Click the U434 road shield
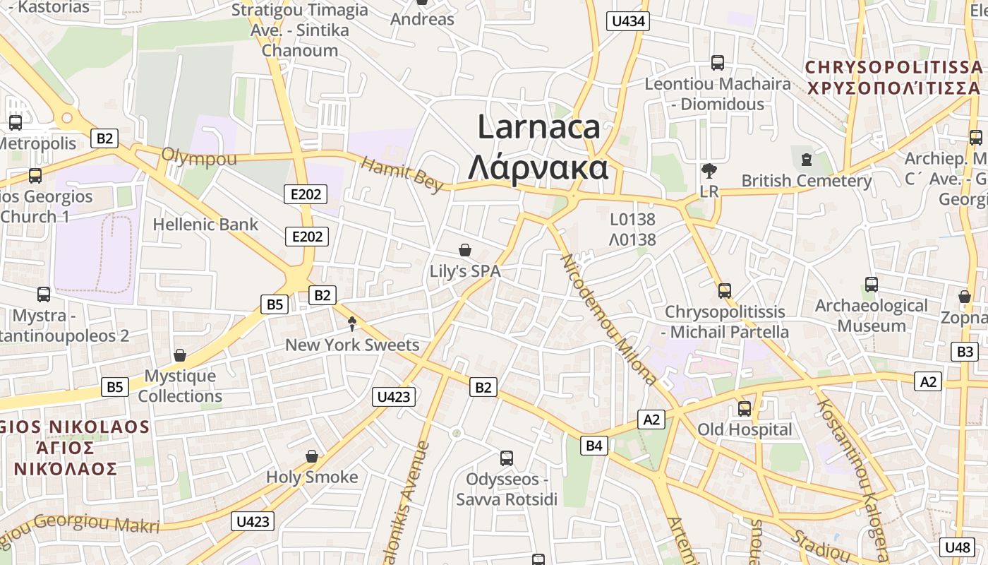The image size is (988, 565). tap(627, 21)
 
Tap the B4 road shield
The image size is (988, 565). tap(594, 446)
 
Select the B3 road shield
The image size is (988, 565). tap(965, 351)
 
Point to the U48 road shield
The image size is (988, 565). tap(957, 547)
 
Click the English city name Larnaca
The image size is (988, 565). tap(538, 127)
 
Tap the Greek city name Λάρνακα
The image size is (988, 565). tap(538, 168)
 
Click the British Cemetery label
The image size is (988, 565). tap(806, 181)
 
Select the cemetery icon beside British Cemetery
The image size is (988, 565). tap(807, 160)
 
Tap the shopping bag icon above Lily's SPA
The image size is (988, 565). tap(465, 250)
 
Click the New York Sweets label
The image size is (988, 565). tap(352, 345)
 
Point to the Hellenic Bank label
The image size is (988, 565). tap(205, 225)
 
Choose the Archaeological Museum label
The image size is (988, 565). tap(872, 316)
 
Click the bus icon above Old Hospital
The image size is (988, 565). tap(745, 409)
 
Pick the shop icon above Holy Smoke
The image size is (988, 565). tap(312, 457)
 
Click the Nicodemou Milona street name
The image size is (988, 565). tap(608, 319)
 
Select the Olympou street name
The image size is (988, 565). tap(199, 157)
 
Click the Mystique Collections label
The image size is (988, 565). tap(180, 386)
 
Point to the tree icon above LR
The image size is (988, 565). tap(709, 170)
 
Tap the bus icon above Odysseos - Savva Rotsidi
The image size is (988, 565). tap(507, 458)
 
